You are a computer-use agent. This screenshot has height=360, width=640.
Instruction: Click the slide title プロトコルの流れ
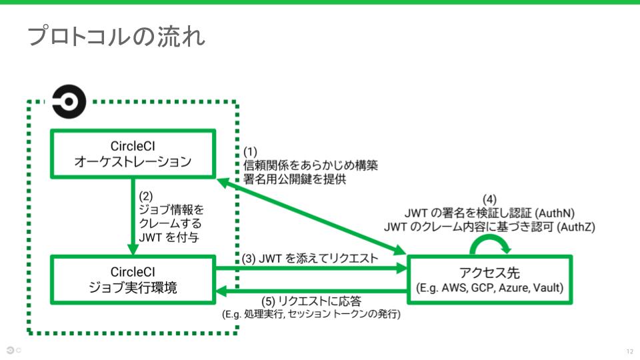tap(115, 37)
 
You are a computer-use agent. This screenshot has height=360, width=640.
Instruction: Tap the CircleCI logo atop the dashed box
tap(69, 101)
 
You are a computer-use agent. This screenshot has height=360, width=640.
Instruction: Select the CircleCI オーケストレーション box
tap(133, 153)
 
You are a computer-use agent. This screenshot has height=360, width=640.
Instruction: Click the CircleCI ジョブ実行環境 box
tap(133, 279)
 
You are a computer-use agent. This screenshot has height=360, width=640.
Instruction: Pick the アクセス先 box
tap(490, 279)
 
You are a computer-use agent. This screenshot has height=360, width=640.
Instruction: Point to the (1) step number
tap(251, 151)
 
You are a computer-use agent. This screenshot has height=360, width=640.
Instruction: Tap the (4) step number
tap(490, 200)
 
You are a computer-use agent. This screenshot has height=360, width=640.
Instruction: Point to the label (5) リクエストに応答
tap(313, 301)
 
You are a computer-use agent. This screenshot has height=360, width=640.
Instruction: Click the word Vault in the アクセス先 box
tap(546, 288)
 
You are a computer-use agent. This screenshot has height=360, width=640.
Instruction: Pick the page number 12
tap(629, 351)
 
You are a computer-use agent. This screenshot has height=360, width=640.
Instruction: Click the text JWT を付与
tap(169, 236)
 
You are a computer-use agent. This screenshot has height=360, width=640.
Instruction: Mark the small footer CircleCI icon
tap(11, 350)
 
